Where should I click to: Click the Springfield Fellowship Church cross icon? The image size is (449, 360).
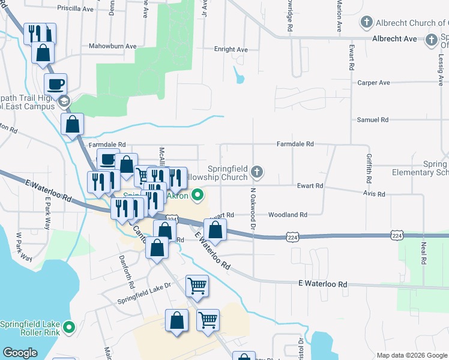coord(257,172)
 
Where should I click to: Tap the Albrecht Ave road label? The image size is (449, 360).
coord(394,39)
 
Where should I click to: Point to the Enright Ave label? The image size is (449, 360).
coord(231,50)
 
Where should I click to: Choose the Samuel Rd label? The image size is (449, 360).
coord(372,120)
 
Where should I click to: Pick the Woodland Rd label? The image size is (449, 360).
coord(288,214)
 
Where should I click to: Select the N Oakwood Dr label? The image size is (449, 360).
coord(253,208)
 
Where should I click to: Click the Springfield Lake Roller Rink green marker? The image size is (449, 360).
coord(69,328)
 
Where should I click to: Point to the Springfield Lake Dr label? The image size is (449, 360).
coord(144,296)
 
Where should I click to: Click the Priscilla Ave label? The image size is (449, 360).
coord(76,9)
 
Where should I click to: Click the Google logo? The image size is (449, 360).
coord(20,353)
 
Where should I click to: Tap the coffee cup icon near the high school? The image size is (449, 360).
coord(56,84)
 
